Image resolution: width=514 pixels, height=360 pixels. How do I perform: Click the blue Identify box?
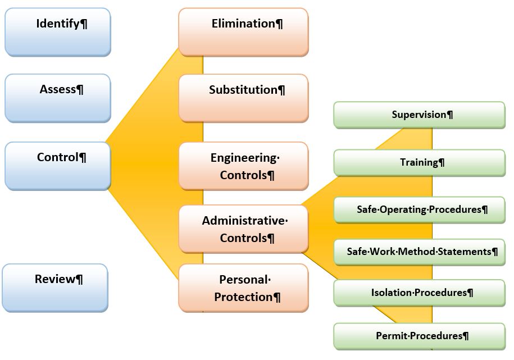click(x=58, y=32)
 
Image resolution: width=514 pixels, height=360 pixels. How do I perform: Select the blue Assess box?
click(x=58, y=98)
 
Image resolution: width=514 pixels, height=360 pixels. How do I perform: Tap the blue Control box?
click(x=58, y=166)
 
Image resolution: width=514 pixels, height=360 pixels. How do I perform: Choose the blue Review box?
click(x=55, y=288)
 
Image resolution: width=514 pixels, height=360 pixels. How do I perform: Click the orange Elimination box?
click(x=244, y=32)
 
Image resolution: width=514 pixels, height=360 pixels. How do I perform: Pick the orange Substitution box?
click(x=244, y=98)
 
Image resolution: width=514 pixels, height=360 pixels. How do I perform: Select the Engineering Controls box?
click(x=244, y=166)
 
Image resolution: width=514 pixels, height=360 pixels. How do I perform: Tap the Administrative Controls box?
click(x=244, y=229)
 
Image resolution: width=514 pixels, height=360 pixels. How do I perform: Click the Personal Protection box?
click(x=244, y=288)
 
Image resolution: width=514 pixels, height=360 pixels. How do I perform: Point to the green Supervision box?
click(x=419, y=115)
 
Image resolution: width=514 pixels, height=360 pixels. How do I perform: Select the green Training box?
click(x=419, y=163)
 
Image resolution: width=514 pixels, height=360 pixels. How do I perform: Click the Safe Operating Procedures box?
click(x=419, y=210)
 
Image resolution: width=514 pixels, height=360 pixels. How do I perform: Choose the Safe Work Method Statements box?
click(x=419, y=252)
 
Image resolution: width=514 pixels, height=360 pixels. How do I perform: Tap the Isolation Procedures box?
click(x=419, y=293)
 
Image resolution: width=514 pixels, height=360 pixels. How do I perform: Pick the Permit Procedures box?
click(x=419, y=336)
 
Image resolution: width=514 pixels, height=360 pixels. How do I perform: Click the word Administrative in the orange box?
click(x=243, y=220)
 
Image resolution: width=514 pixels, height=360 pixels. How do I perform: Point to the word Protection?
click(x=243, y=297)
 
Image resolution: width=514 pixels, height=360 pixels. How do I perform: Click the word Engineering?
click(x=244, y=158)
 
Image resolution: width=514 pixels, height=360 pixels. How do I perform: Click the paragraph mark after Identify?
click(x=84, y=24)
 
